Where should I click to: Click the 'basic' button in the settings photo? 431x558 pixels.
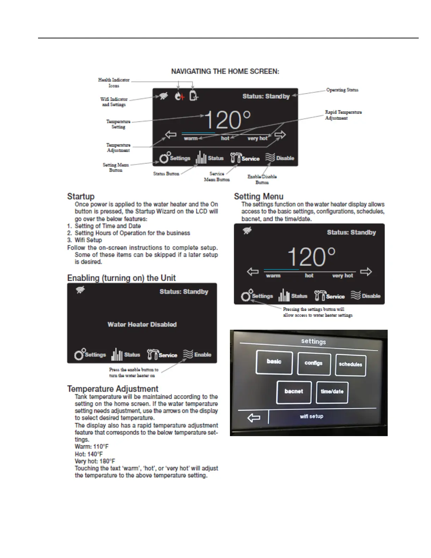[x=274, y=362]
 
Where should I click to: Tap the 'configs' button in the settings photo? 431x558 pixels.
[x=314, y=363]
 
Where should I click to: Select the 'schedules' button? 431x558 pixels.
[x=350, y=365]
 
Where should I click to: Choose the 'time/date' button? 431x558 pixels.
[x=332, y=392]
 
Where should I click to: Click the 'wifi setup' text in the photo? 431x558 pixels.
[x=312, y=416]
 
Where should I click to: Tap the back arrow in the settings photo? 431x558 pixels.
[x=254, y=418]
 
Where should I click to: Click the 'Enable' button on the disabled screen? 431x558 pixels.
[x=198, y=355]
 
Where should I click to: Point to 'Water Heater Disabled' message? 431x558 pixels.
[x=142, y=324]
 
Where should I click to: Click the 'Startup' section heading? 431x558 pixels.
[x=81, y=197]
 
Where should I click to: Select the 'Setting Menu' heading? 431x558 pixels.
[x=259, y=197]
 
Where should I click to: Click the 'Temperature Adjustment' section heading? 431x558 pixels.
[x=113, y=389]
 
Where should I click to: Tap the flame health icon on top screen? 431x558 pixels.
[x=180, y=96]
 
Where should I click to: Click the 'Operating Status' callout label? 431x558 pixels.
[x=342, y=90]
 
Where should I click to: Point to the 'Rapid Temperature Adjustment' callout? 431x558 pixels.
[x=343, y=115]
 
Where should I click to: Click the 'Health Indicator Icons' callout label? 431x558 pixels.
[x=114, y=83]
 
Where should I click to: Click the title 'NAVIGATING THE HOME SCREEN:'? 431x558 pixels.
[x=225, y=72]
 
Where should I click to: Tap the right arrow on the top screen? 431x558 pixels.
[x=280, y=135]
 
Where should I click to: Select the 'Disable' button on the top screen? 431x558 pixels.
[x=280, y=158]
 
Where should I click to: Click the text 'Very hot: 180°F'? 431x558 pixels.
[x=95, y=461]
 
